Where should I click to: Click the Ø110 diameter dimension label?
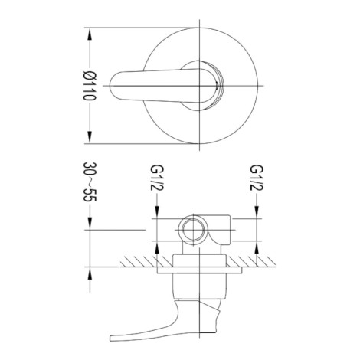point(90,86)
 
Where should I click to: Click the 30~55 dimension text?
point(90,182)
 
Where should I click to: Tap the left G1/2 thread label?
point(157,178)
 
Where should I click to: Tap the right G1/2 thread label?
point(257,178)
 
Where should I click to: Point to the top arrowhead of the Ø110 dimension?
point(90,34)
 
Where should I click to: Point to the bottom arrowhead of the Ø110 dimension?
point(90,137)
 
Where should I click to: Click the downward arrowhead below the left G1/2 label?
point(157,212)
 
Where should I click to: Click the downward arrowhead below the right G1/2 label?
point(257,212)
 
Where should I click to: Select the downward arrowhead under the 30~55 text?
point(90,224)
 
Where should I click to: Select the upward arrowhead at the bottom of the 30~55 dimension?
point(90,273)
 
